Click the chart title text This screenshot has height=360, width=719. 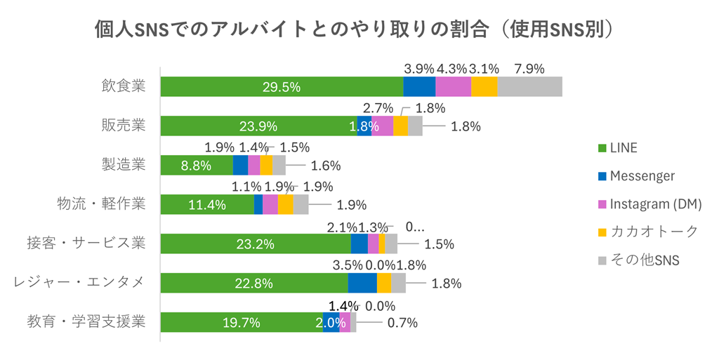(x=359, y=29)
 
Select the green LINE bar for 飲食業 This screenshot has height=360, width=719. (x=281, y=87)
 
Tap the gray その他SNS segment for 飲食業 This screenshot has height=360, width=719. (x=529, y=87)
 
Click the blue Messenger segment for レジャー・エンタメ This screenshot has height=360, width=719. (x=362, y=283)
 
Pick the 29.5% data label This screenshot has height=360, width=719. (x=281, y=87)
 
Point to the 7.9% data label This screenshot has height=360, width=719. (x=529, y=69)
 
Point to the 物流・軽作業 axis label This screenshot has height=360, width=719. (x=101, y=204)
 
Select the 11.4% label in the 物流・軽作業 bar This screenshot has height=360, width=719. (x=207, y=205)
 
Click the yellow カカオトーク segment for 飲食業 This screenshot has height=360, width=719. (x=484, y=87)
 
